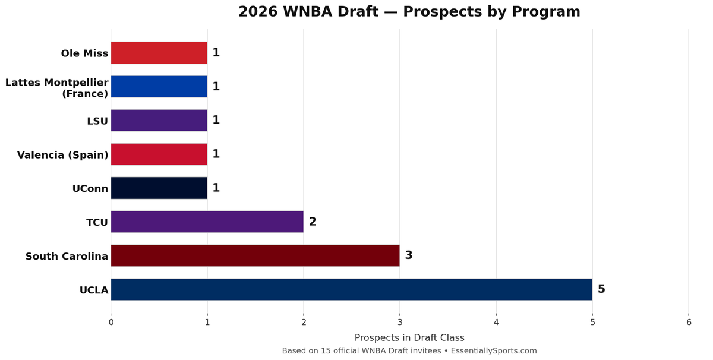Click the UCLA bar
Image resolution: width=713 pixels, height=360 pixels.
(351, 289)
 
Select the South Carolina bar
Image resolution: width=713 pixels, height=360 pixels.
(255, 255)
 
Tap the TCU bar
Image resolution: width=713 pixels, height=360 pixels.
(207, 222)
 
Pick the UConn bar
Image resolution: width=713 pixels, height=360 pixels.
(159, 188)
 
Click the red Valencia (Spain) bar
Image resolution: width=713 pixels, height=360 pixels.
(159, 154)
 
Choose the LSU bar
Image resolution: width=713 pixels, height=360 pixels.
(159, 120)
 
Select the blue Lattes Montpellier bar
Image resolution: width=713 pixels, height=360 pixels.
(159, 86)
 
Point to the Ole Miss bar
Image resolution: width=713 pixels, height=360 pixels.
(159, 53)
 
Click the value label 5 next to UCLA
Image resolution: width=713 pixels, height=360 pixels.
(601, 289)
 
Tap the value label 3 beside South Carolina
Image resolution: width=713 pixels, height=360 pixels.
(409, 255)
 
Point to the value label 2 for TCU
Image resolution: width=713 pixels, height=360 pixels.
(313, 222)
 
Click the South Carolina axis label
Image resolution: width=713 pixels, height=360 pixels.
(67, 257)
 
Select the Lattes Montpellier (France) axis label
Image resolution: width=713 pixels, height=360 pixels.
(57, 88)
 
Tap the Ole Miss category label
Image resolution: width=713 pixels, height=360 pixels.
(84, 53)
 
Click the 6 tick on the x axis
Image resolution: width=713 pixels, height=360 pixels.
(689, 323)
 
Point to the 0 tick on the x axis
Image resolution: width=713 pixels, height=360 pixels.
(111, 323)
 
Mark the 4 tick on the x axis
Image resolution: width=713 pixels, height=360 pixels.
(496, 323)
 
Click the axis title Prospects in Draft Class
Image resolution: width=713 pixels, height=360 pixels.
(409, 337)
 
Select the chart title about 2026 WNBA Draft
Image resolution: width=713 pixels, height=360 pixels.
(409, 12)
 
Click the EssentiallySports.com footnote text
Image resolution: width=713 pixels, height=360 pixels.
(409, 351)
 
